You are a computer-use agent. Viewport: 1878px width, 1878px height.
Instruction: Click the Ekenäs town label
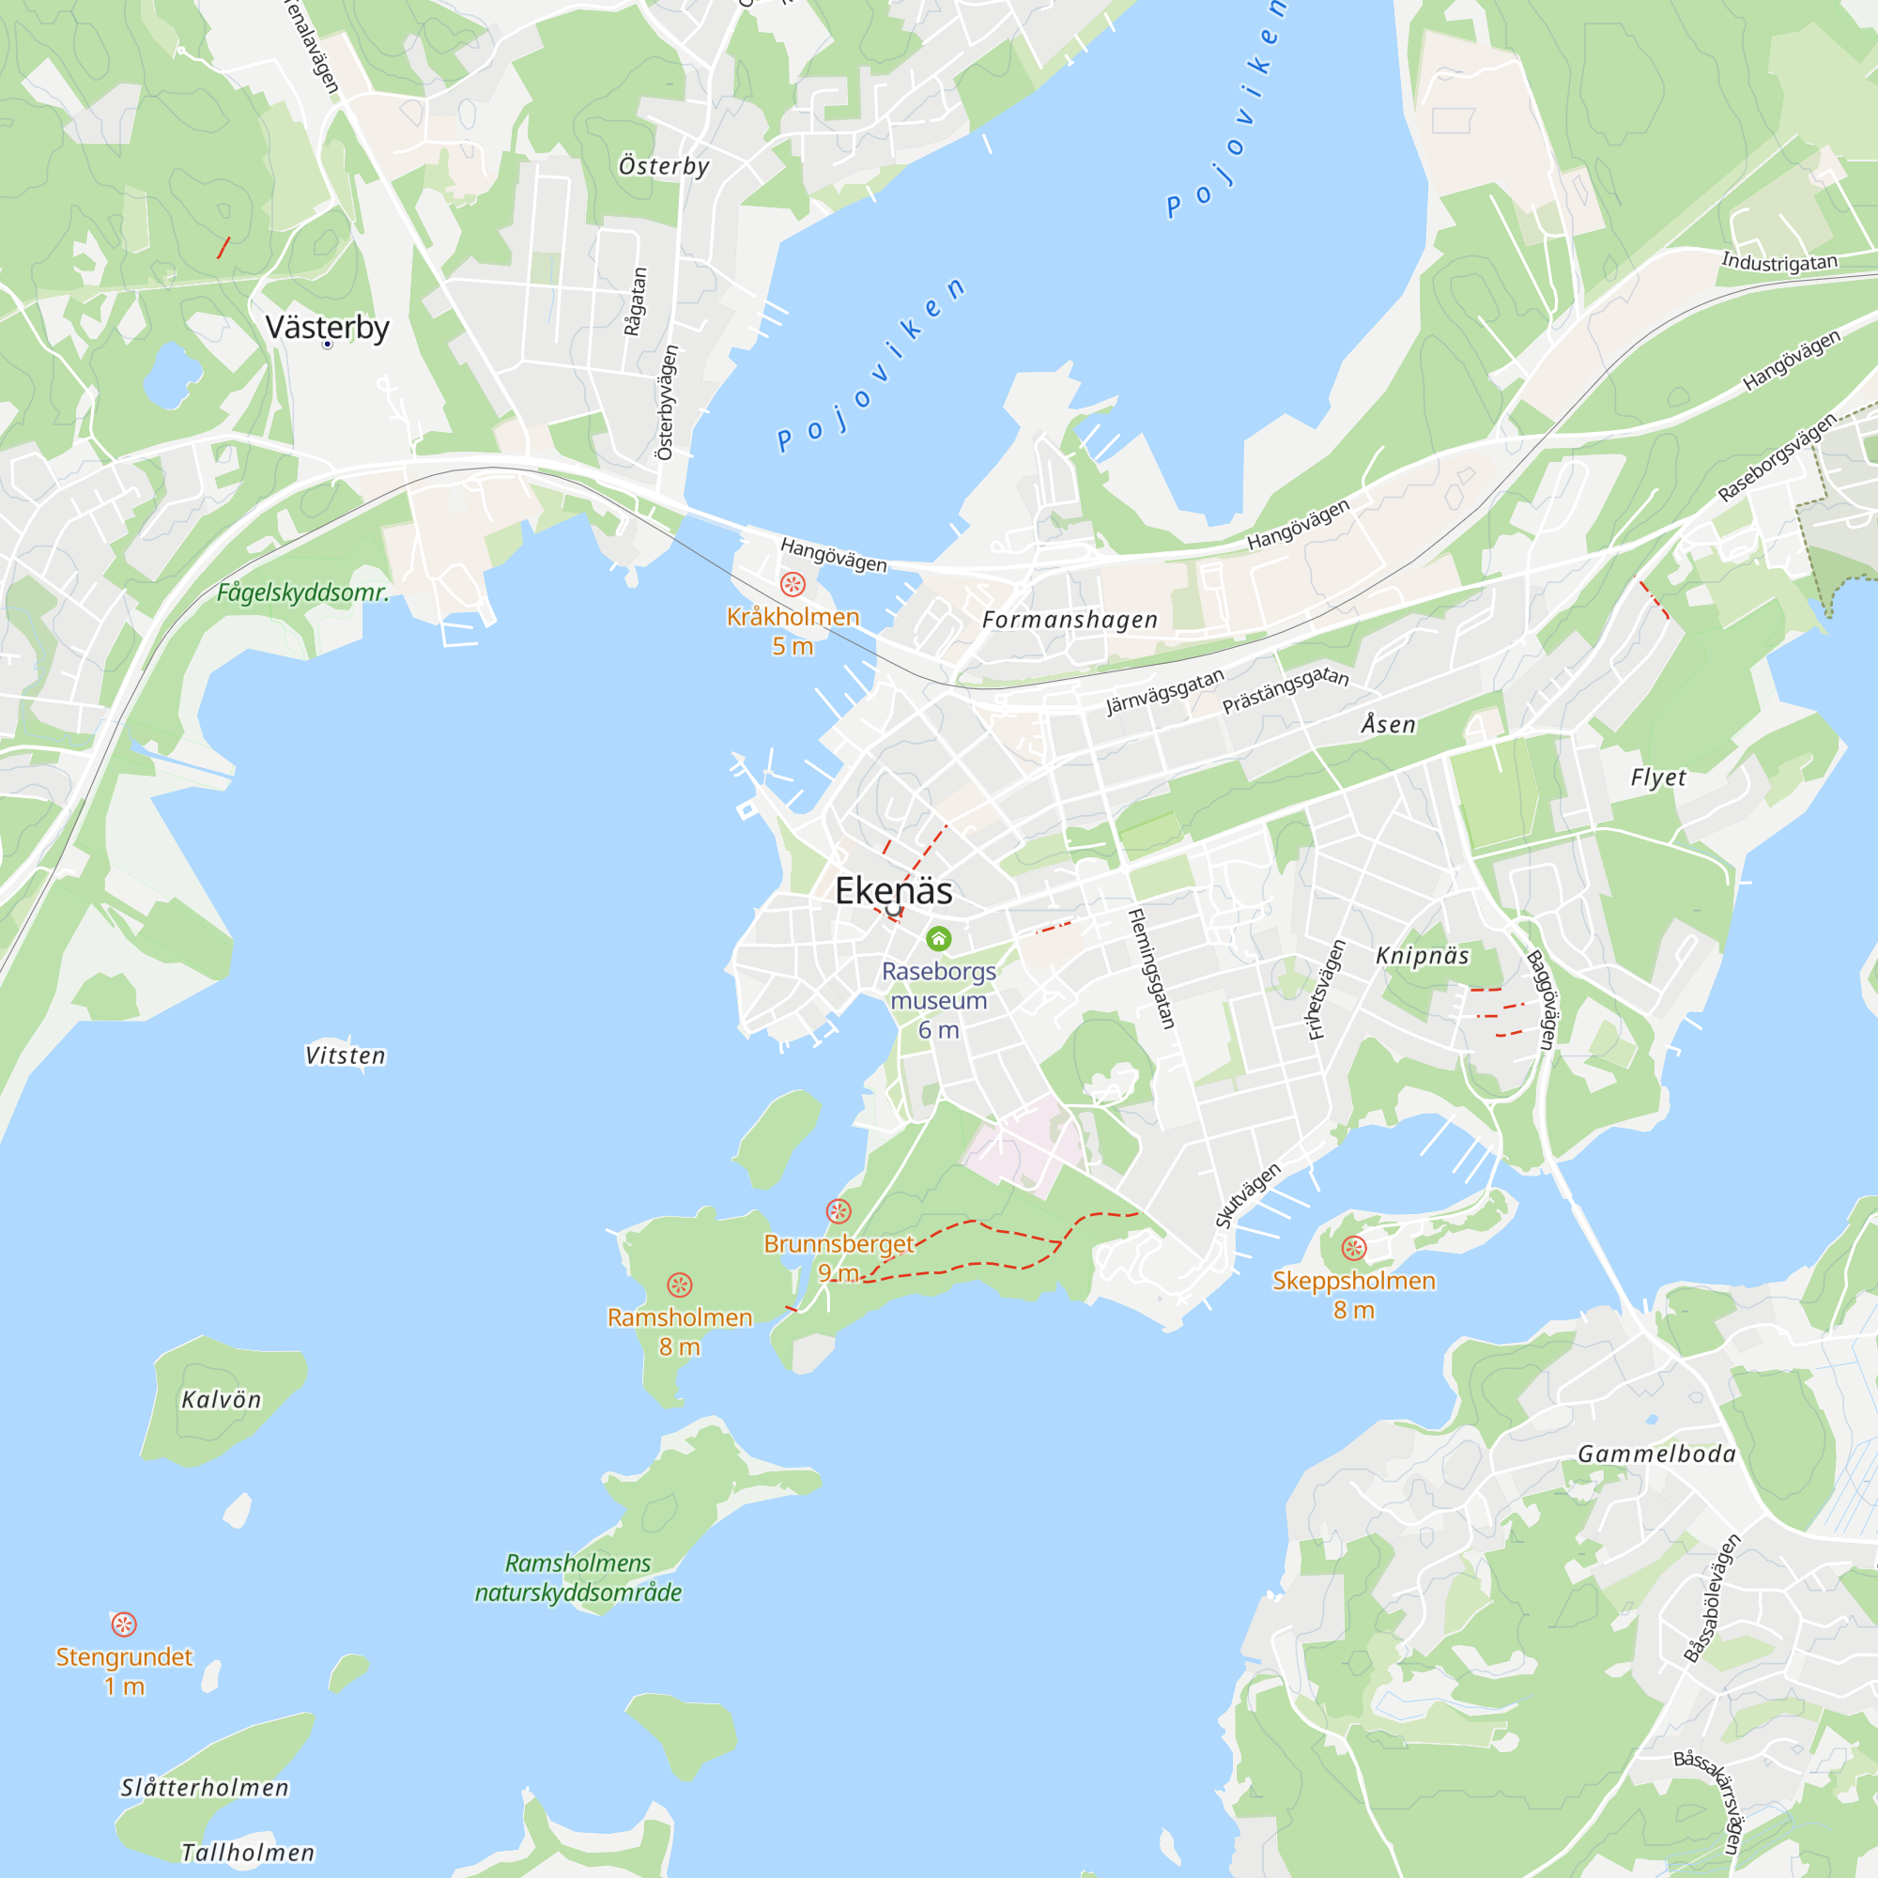click(x=893, y=890)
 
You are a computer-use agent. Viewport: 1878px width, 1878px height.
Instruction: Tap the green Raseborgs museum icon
click(x=938, y=938)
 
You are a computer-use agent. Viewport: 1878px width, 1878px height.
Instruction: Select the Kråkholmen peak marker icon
click(x=793, y=583)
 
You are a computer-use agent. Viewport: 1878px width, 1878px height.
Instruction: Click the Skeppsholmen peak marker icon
click(x=1353, y=1247)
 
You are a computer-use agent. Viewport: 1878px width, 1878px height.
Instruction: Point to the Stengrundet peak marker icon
click(x=123, y=1624)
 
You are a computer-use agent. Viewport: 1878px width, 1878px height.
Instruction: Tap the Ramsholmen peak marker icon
click(x=680, y=1285)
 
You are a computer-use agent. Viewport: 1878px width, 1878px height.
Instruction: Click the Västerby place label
click(x=328, y=328)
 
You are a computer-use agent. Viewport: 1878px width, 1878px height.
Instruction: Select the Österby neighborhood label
click(x=664, y=166)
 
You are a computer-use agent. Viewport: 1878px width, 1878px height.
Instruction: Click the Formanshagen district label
click(x=1070, y=619)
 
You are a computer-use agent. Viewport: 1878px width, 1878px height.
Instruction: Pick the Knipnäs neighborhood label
click(x=1422, y=956)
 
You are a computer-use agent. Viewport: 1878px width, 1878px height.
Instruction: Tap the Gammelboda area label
click(x=1656, y=1455)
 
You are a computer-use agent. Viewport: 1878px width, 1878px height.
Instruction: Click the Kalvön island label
click(x=222, y=1400)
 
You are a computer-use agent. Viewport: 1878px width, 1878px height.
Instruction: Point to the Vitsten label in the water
click(x=345, y=1055)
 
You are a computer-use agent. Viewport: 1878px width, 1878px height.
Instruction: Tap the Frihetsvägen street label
click(x=1327, y=990)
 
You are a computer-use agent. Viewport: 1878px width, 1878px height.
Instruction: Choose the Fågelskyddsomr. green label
click(x=302, y=592)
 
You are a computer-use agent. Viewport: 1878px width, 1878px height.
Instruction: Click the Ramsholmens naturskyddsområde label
click(x=578, y=1578)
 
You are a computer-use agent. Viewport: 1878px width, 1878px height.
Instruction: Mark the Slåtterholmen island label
click(x=205, y=1788)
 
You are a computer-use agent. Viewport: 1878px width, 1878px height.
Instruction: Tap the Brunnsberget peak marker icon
click(x=838, y=1211)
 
